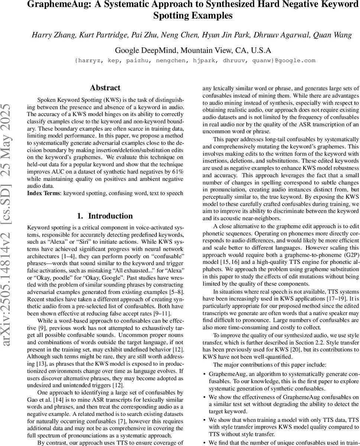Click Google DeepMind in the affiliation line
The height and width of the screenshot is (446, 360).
pyautogui.click(x=145, y=50)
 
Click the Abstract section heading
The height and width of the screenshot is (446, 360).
pyautogui.click(x=105, y=88)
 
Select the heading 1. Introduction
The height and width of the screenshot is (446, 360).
pyautogui.click(x=105, y=216)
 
